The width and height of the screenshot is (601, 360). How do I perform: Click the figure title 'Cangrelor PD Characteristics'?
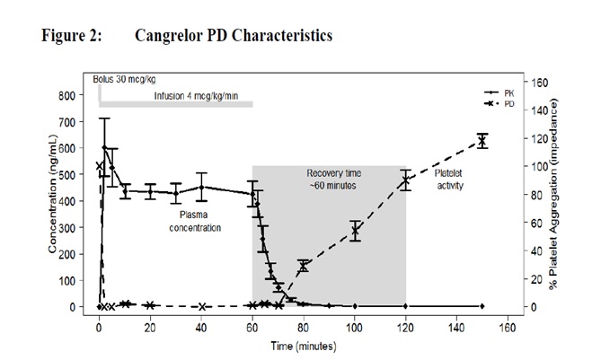pos(233,36)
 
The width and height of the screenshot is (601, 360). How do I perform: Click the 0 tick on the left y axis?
pos(78,307)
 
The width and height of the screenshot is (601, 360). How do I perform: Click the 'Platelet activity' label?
pos(454,178)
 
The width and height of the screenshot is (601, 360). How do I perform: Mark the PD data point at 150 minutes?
pos(482,141)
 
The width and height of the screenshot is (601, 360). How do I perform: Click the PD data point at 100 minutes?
pos(356,231)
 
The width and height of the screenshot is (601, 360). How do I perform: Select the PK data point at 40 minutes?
pos(202,188)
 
